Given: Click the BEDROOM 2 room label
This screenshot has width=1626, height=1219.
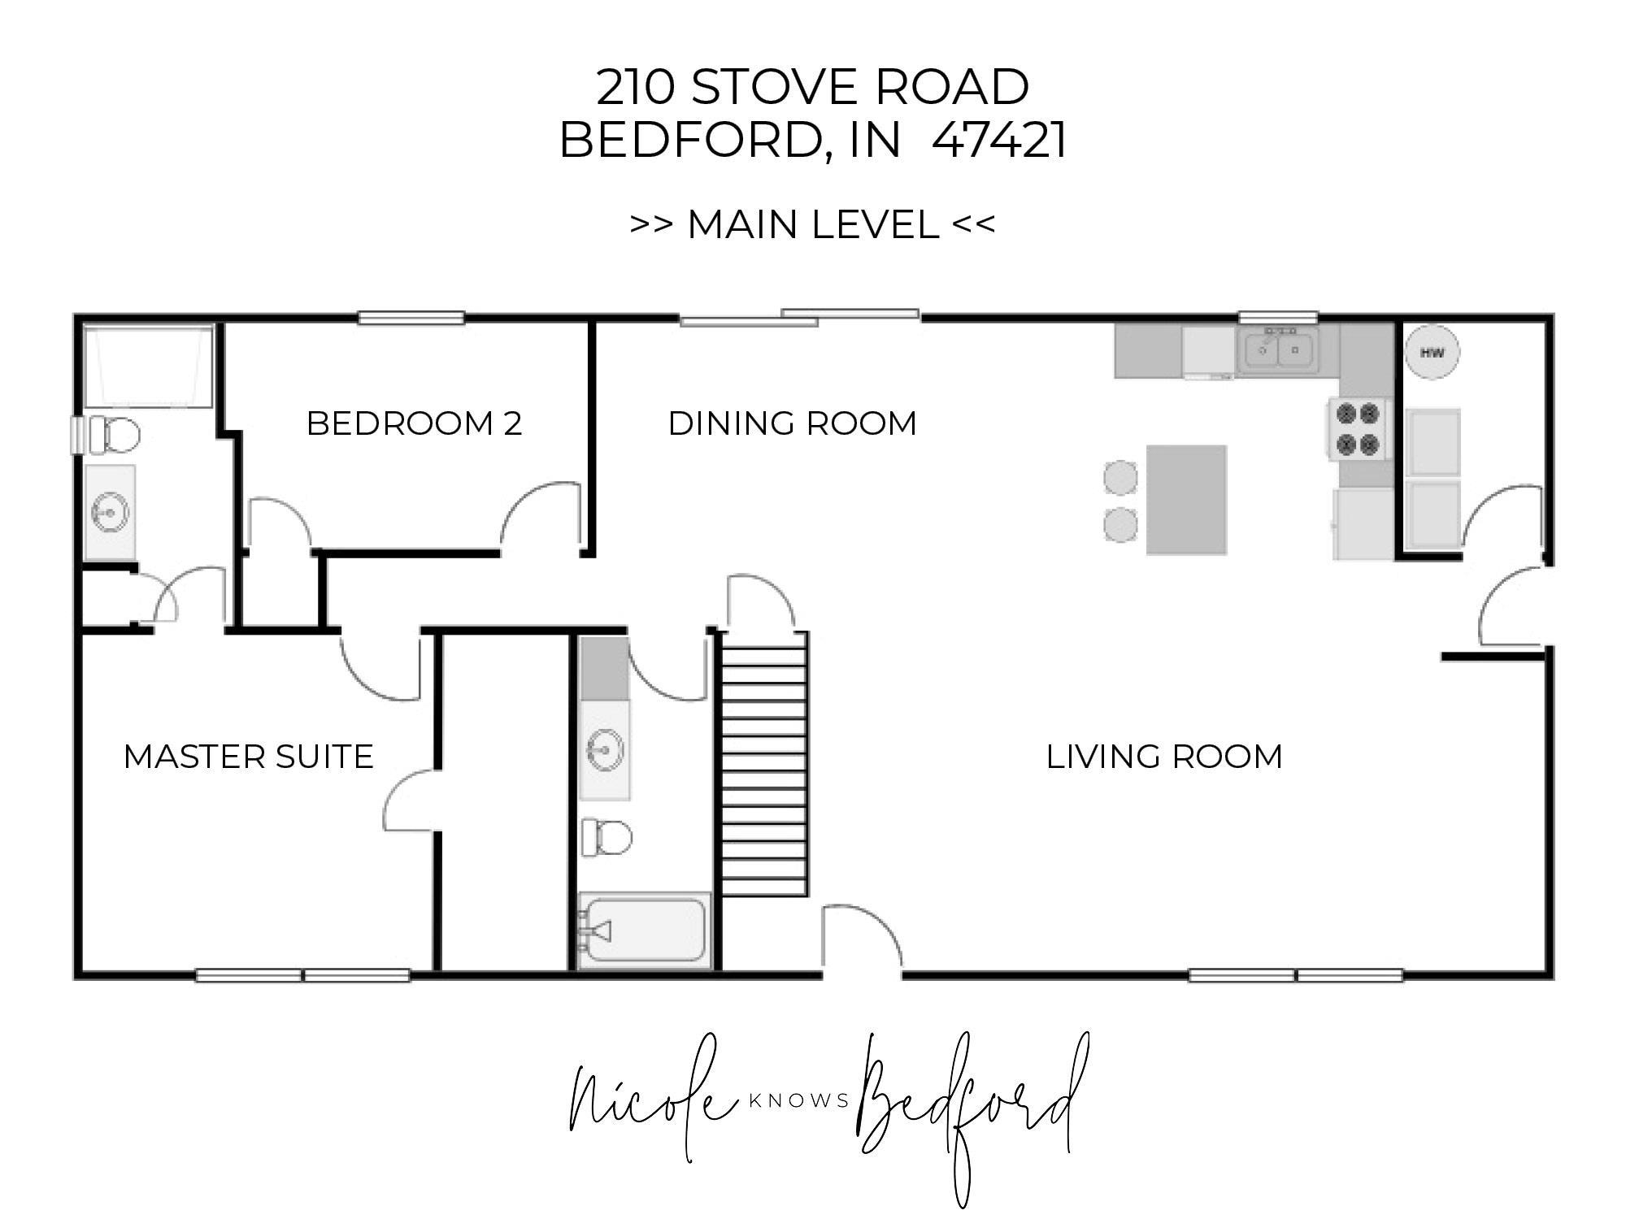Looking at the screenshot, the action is (414, 423).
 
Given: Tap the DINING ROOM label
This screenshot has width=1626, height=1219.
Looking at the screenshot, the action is (793, 423).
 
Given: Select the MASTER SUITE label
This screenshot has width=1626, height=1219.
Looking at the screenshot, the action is (249, 757).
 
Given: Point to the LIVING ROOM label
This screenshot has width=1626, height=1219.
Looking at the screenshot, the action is (1164, 757).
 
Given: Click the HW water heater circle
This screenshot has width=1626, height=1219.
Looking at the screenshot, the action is (1432, 353).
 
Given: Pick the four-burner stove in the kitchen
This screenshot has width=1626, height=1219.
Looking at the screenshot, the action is (1359, 429).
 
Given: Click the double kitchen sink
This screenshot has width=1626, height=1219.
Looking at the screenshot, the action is (1277, 350).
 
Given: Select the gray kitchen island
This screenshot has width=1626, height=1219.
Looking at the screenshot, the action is (1186, 500).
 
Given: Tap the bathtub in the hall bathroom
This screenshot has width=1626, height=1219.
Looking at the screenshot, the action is (644, 930).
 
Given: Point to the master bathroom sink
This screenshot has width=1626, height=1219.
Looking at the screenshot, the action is (109, 513).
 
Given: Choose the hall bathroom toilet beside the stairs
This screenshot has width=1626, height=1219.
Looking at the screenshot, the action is (606, 837).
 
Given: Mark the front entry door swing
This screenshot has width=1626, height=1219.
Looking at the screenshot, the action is (862, 939).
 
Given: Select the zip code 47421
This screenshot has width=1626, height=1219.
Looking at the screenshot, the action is (999, 140).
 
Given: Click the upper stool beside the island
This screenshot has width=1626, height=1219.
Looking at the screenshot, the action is (1120, 477).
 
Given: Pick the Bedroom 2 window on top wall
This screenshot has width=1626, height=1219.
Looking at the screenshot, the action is (411, 318).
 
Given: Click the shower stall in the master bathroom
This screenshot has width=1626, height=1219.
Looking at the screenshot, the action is (149, 367).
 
